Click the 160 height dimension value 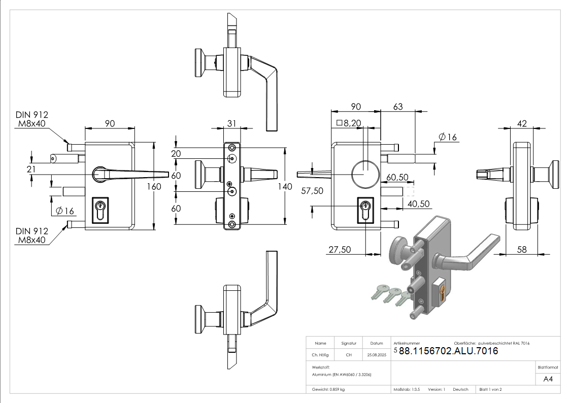(x=154, y=187)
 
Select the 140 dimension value (x=286, y=187)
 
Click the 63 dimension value (x=398, y=107)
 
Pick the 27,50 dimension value (x=340, y=250)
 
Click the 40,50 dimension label (x=419, y=204)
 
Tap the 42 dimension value (x=521, y=123)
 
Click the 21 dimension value (x=31, y=169)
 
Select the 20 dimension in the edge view (x=176, y=154)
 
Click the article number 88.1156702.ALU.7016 (x=448, y=351)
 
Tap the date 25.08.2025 (x=377, y=355)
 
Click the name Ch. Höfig (x=320, y=355)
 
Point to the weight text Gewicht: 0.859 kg (x=328, y=389)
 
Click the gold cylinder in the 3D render (x=443, y=293)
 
